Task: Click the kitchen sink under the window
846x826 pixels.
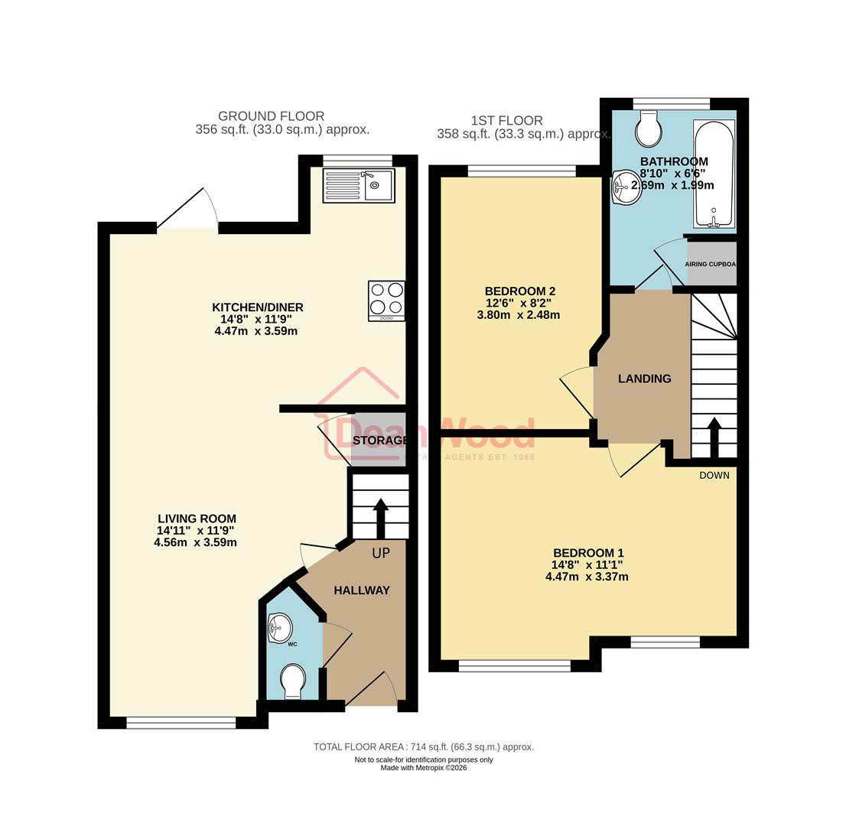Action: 359,185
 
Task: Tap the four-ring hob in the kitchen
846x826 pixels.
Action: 386,301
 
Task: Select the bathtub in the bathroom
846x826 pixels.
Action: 714,174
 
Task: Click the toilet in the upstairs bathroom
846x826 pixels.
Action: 649,129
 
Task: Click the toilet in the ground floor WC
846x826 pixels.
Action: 292,681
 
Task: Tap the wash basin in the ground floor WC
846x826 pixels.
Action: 280,628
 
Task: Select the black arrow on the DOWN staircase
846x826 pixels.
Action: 714,437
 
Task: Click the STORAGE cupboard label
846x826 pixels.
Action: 379,441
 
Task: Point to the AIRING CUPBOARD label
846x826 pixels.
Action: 711,264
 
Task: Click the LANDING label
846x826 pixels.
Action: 644,379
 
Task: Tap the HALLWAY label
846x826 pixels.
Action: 362,590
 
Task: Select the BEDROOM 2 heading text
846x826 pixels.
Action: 519,291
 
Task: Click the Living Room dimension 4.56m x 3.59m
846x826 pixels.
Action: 195,542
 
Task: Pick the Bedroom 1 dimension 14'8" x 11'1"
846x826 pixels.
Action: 587,565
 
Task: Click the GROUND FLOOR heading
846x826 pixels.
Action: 271,116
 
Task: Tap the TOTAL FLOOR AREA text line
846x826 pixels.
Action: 423,746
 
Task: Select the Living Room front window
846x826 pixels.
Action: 181,722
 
